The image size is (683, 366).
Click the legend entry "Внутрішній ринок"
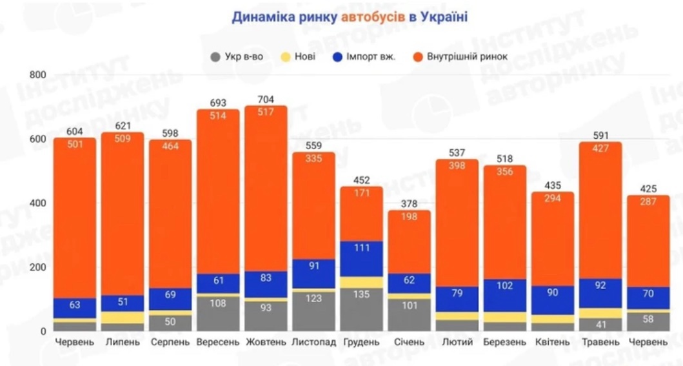[460, 56]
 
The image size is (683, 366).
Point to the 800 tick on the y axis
[38, 76]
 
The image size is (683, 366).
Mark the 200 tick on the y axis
[38, 267]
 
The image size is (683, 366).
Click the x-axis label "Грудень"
[361, 342]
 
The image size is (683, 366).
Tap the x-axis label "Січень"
[409, 342]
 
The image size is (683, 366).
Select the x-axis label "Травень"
[600, 342]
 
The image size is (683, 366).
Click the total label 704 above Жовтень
[266, 99]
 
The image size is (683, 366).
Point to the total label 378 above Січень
[409, 204]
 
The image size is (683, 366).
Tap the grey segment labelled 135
[361, 310]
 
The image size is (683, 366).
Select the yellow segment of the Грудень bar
[361, 282]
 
